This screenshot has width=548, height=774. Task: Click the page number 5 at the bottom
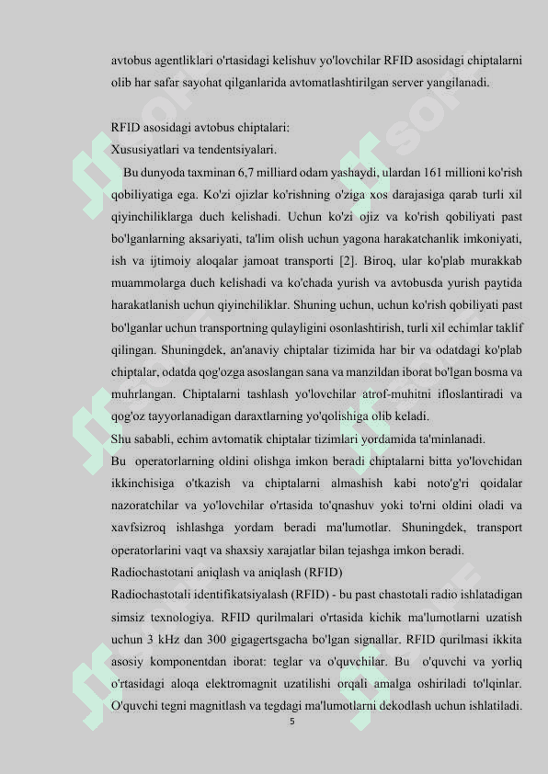[291, 722]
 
